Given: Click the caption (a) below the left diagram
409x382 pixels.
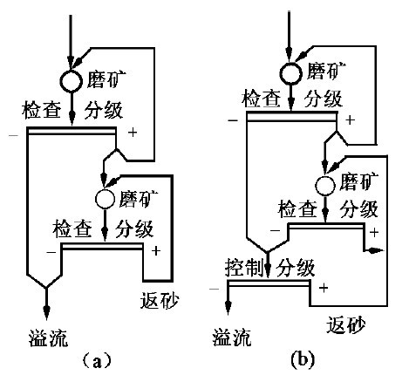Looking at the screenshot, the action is (x=97, y=361).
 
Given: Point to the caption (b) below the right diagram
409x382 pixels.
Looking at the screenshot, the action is (x=303, y=359).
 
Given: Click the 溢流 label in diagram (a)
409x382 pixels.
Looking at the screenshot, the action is (x=49, y=338).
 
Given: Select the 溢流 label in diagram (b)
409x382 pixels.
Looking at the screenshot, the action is (x=232, y=338).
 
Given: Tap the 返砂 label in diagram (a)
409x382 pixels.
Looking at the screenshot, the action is (x=160, y=300).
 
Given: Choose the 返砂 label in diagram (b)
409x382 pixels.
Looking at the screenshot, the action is (x=346, y=325).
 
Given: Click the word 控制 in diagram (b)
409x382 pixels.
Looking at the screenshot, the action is (x=244, y=268).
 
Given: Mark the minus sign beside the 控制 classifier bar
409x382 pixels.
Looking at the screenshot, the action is (x=215, y=289).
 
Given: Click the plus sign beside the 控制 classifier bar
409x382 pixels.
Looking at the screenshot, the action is (x=324, y=288).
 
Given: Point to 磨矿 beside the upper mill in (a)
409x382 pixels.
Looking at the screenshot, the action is (x=106, y=79).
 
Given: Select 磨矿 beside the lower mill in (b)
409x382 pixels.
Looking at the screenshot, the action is (x=359, y=181).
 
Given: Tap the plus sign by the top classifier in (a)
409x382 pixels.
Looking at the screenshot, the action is (x=133, y=133).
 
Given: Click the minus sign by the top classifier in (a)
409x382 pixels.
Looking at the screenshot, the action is (x=14, y=135).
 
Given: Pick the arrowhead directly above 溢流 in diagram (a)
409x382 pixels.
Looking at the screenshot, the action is (x=46, y=313).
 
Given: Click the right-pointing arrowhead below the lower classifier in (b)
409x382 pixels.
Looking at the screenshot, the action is (x=376, y=249).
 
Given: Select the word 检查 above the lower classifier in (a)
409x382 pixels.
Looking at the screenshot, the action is (x=72, y=229).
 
